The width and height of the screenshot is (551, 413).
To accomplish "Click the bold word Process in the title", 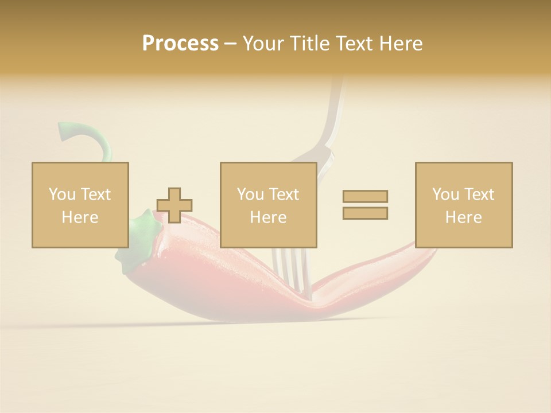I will [x=180, y=44].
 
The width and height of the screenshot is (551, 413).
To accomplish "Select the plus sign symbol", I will [x=174, y=205].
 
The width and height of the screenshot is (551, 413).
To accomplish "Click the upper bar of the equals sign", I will [x=365, y=196].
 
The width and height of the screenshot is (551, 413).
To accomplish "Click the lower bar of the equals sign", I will [x=365, y=213].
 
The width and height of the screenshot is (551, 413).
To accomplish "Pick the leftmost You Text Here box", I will [x=80, y=205].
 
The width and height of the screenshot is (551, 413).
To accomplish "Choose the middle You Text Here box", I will [x=269, y=205].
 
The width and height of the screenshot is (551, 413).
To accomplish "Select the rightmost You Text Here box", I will [x=464, y=205].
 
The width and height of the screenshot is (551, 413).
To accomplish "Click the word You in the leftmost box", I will [x=61, y=194].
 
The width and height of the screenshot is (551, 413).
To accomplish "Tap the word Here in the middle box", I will [x=269, y=217].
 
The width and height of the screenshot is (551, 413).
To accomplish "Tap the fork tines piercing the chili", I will [x=290, y=270].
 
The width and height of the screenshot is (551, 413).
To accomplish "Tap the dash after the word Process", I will [x=230, y=44].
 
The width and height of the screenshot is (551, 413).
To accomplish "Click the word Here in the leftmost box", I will [x=80, y=217].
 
